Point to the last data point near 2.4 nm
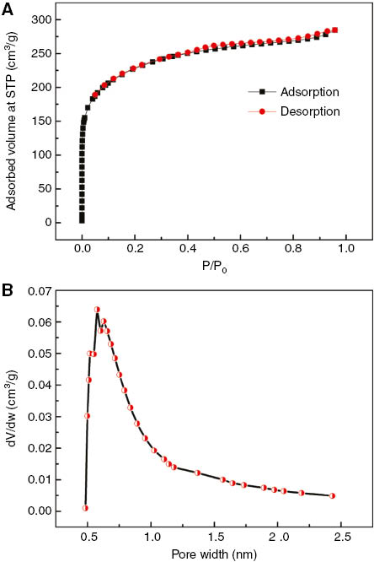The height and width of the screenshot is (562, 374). pyautogui.click(x=332, y=495)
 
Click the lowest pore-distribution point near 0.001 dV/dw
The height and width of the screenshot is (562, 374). pyautogui.click(x=85, y=508)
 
